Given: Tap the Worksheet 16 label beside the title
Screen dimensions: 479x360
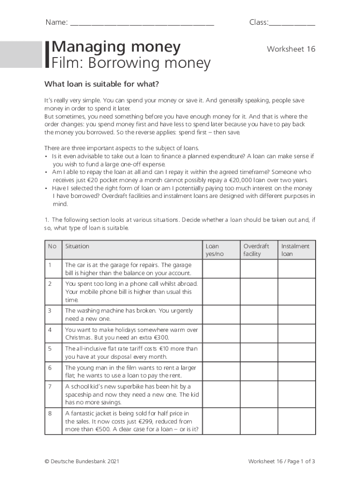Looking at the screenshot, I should pyautogui.click(x=291, y=49).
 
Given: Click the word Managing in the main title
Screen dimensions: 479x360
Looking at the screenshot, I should pyautogui.click(x=84, y=47).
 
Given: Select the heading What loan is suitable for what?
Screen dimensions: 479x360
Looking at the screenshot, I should pyautogui.click(x=101, y=84).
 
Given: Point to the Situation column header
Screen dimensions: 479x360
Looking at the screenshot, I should pyautogui.click(x=77, y=246).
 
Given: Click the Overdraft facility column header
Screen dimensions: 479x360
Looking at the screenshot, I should pyautogui.click(x=256, y=250).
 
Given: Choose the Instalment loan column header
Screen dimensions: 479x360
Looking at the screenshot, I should pyautogui.click(x=295, y=250).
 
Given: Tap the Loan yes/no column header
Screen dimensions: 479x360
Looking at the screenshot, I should pyautogui.click(x=215, y=250).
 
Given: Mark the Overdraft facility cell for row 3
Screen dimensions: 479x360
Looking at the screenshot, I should pyautogui.click(x=259, y=315).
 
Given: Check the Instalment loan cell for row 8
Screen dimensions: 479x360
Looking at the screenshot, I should pyautogui.click(x=297, y=421).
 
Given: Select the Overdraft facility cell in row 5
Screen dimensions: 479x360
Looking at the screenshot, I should pyautogui.click(x=259, y=353).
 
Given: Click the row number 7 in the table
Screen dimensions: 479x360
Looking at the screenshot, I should pyautogui.click(x=50, y=386).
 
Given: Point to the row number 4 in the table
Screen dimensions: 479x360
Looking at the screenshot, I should pyautogui.click(x=50, y=329).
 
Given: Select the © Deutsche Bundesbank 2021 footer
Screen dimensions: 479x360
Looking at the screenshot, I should pyautogui.click(x=82, y=462).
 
